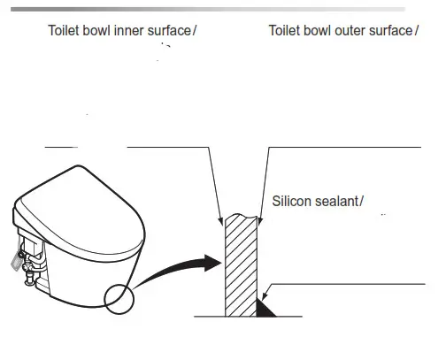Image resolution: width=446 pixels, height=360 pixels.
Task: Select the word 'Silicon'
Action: (293, 202)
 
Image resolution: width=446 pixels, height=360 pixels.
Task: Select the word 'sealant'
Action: (338, 202)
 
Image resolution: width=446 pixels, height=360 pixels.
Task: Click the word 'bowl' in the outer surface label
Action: (319, 32)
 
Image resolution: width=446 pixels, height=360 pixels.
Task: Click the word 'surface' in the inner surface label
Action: (166, 32)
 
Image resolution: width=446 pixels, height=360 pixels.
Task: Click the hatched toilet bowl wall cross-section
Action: (239, 265)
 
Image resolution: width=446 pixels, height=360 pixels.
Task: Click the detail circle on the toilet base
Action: (119, 300)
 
